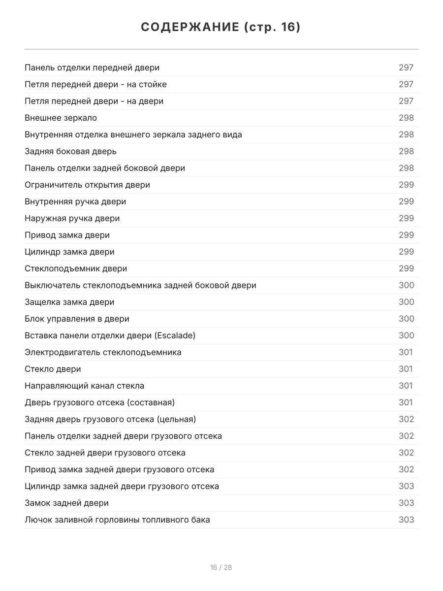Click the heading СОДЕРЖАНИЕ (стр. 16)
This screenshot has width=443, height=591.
[x=221, y=27]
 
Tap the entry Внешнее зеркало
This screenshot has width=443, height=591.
[x=61, y=118]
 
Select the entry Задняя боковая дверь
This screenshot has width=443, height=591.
[x=71, y=151]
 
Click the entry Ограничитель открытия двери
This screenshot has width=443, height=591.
[x=88, y=185]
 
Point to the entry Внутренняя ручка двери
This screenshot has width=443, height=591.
[x=75, y=201]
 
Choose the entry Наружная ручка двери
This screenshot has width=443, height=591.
[x=72, y=218]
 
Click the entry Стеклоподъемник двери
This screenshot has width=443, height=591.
[x=76, y=268]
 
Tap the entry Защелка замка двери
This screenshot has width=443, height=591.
[x=69, y=302]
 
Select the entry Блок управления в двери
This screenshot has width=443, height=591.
[x=77, y=319]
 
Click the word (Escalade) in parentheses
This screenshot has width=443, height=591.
[x=175, y=335]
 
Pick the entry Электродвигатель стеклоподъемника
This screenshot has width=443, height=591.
[x=103, y=352]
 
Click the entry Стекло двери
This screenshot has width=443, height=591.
[x=53, y=369]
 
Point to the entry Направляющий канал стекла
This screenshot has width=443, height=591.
[x=85, y=386]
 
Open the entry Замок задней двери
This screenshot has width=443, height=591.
[x=67, y=503]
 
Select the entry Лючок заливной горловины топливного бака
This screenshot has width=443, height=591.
[x=117, y=520]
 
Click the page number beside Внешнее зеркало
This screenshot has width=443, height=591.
[x=406, y=118]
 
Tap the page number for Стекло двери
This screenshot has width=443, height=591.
[x=406, y=369]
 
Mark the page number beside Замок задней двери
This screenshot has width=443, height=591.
[x=406, y=503]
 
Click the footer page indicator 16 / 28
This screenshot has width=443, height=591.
[x=221, y=567]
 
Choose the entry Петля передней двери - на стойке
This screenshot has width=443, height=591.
[x=96, y=84]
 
